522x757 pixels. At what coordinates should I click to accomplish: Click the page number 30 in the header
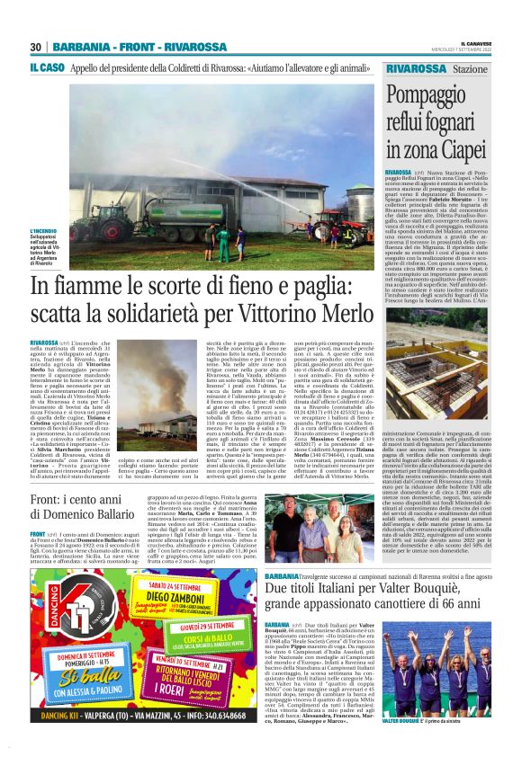coord(36,47)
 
